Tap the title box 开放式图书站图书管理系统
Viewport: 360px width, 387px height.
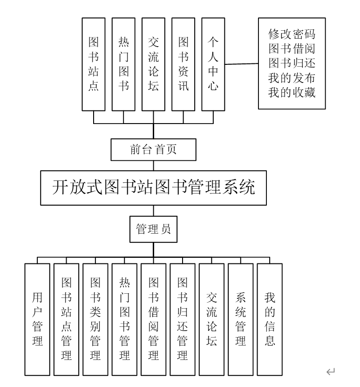[x=153, y=189]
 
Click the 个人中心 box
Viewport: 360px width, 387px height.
[x=213, y=64]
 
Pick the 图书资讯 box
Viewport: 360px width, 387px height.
[x=183, y=64]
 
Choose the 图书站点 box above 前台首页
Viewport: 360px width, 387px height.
[x=94, y=64]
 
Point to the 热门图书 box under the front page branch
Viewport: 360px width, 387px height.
[x=123, y=64]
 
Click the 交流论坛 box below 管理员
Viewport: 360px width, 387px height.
[x=211, y=319]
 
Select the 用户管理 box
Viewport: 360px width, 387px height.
[x=37, y=319]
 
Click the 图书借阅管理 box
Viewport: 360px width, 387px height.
[x=153, y=319]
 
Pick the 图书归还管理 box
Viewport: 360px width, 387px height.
[x=182, y=319]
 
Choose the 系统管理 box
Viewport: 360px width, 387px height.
[x=240, y=319]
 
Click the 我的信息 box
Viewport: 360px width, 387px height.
[x=270, y=319]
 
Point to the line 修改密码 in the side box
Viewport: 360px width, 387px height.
[x=292, y=34]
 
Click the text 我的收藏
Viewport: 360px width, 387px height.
[x=292, y=92]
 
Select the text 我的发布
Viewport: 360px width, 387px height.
[x=292, y=78]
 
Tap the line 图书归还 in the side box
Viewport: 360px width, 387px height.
[x=292, y=63]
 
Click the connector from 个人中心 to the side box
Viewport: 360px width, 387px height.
[x=242, y=65]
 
